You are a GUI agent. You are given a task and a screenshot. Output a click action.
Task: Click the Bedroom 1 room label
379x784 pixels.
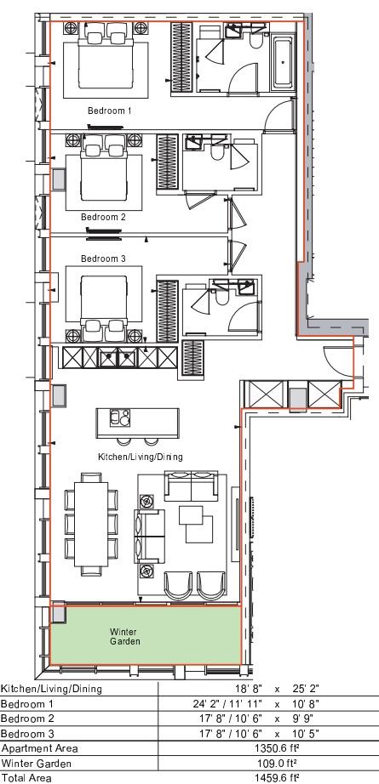(x=110, y=111)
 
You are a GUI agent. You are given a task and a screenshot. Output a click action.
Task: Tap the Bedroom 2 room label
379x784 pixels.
(x=103, y=218)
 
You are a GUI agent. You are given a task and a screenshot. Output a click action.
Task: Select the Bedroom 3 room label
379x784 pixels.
(x=103, y=259)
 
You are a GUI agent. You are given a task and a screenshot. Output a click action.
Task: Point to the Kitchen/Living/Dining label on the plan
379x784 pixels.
(x=141, y=457)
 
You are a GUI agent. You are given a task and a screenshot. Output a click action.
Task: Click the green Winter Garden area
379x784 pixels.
(x=145, y=635)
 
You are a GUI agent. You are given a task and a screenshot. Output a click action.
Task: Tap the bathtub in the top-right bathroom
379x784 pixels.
(x=283, y=63)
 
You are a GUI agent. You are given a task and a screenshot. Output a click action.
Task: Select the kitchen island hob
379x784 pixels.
(x=120, y=417)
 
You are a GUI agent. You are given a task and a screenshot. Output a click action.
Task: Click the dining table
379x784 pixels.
(x=90, y=524)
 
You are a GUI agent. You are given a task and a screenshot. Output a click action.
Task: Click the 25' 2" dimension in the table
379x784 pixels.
(x=306, y=689)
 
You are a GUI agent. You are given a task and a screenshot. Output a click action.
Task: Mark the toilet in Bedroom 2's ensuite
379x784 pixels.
(x=216, y=152)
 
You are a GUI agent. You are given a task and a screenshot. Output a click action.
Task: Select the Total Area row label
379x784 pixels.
(x=26, y=778)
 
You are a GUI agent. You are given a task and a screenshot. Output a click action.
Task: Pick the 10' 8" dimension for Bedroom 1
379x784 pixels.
(x=306, y=704)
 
